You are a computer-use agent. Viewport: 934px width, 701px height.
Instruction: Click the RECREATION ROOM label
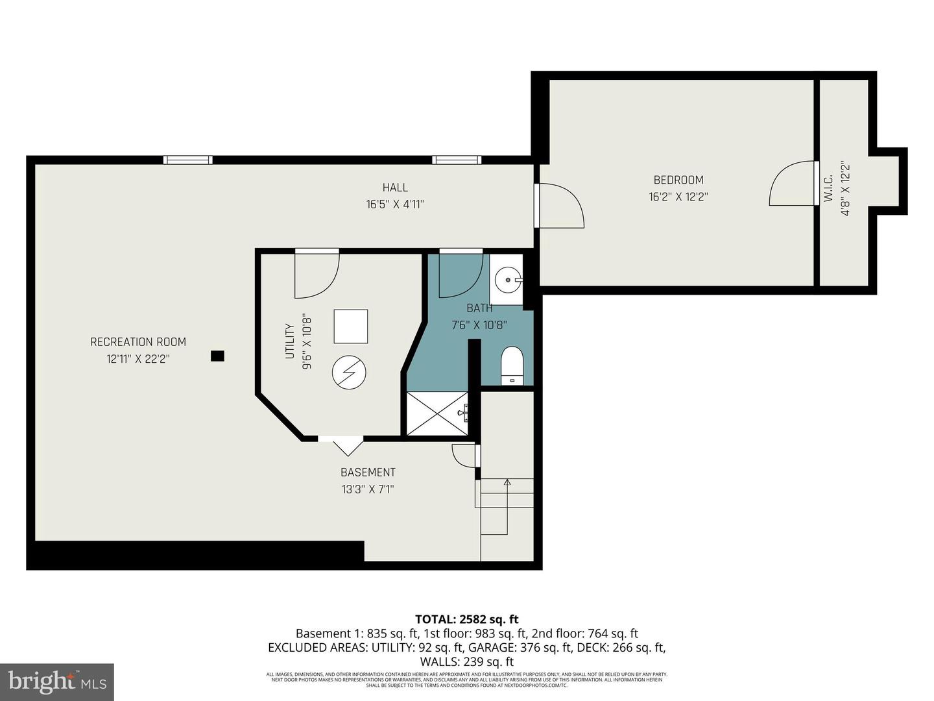[138, 342]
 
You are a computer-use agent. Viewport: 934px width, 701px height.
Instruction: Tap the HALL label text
[395, 188]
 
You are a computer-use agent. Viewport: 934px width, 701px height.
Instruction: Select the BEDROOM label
[678, 180]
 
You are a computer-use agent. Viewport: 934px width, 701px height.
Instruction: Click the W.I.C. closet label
[828, 188]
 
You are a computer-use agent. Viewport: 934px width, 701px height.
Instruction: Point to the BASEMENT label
[368, 473]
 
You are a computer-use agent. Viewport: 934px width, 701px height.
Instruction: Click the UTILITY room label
[290, 341]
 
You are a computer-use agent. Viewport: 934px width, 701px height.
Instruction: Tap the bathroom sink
[506, 280]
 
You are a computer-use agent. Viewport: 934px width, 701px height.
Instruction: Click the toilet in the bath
[512, 365]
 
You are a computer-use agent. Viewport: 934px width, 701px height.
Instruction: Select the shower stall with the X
[437, 413]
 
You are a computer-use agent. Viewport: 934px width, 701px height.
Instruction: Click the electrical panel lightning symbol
[349, 373]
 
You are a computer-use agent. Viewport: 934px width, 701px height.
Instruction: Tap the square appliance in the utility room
[351, 326]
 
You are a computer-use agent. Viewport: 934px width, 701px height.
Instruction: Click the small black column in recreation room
[217, 356]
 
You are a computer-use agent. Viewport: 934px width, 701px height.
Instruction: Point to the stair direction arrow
[507, 482]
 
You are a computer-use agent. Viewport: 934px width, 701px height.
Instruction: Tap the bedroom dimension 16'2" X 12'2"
[678, 197]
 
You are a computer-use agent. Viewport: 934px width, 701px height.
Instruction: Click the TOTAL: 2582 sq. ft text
[466, 619]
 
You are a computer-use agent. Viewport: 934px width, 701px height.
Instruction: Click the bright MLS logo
[57, 682]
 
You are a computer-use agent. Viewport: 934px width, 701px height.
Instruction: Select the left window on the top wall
[187, 160]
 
